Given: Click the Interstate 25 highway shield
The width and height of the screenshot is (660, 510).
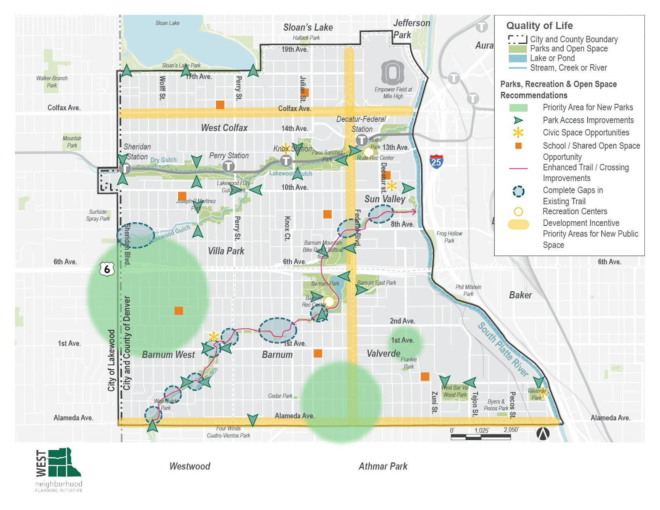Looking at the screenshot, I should click(x=436, y=161).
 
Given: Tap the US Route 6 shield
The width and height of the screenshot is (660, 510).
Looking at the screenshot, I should click(x=107, y=269).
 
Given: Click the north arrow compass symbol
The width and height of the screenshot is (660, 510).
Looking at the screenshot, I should click(x=543, y=433).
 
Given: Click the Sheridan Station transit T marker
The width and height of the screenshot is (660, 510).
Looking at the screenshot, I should click(x=125, y=168).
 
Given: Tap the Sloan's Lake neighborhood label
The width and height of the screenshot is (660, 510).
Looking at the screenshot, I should click(x=308, y=28).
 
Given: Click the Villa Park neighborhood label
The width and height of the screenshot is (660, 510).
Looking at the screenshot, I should click(x=226, y=251).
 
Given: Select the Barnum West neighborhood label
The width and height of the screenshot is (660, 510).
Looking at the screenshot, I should click(x=168, y=355).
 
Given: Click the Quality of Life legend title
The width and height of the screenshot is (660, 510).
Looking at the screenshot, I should click(x=539, y=26).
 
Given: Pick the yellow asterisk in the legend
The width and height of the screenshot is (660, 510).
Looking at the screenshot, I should click(x=518, y=133).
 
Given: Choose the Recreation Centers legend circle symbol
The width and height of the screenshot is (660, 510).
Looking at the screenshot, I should click(x=518, y=212).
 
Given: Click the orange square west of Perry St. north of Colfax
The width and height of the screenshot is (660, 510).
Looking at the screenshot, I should click(x=220, y=105).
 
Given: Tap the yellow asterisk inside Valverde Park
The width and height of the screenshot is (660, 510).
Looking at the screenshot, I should click(x=543, y=393).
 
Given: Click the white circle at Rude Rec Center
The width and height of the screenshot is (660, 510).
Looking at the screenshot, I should click(x=368, y=152).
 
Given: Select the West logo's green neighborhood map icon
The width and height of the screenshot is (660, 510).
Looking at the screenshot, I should click(x=64, y=463).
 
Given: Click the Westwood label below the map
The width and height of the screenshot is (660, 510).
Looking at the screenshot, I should click(x=190, y=466).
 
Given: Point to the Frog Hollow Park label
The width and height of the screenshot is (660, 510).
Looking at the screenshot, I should click(x=449, y=237).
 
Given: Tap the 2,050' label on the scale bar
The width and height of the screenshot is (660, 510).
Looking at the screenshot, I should click(x=511, y=430).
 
